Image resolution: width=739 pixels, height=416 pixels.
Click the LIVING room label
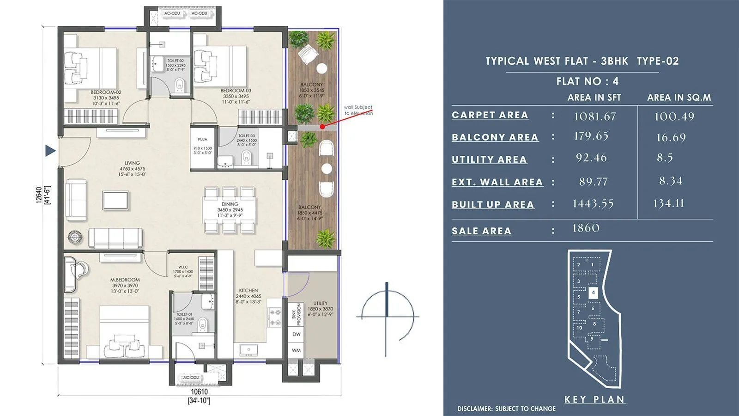(x=132, y=163)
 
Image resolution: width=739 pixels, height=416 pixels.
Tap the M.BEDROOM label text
(x=125, y=280)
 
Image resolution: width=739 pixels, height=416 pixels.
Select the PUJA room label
(x=202, y=139)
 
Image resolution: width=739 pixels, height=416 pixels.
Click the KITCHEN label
(x=248, y=290)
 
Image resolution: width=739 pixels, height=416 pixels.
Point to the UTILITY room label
(x=320, y=303)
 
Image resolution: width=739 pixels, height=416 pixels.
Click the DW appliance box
(x=296, y=334)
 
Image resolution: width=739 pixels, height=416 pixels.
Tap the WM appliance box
(x=296, y=350)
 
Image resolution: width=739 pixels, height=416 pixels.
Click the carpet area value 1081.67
(x=594, y=116)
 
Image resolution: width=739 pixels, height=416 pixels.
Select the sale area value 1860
(x=586, y=228)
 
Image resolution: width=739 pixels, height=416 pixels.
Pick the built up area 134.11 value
(x=668, y=203)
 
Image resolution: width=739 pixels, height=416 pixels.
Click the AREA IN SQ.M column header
(x=679, y=98)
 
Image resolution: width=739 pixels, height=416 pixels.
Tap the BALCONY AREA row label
(x=495, y=137)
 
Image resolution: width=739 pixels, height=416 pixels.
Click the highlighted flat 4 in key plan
(x=594, y=292)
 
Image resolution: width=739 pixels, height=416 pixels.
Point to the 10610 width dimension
(x=199, y=392)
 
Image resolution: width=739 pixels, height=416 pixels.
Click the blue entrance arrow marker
(x=50, y=151)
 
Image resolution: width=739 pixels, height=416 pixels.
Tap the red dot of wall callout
(x=322, y=126)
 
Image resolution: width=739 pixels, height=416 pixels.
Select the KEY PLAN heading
(x=595, y=399)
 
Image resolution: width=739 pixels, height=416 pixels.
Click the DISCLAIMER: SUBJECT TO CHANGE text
(x=506, y=409)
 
